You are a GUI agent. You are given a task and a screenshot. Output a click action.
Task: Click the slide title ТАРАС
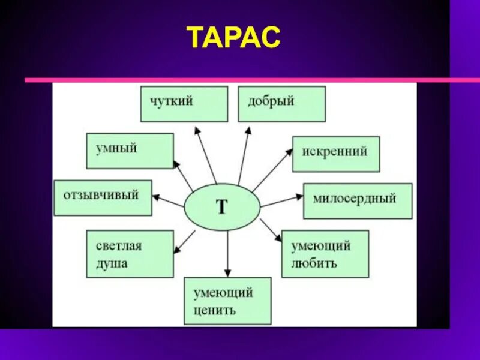coord(234,37)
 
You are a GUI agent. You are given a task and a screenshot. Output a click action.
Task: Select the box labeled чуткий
coord(184,104)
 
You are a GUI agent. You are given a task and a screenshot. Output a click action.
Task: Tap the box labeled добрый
coord(281,104)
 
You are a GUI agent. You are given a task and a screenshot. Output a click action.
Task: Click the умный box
coord(130,151)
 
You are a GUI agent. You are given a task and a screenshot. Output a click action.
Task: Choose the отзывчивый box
coord(103,197)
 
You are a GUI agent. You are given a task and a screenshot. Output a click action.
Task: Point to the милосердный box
coord(358,200)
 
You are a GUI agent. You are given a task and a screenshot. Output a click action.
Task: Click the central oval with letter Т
coord(222,207)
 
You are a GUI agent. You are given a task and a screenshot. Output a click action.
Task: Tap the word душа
coord(112,264)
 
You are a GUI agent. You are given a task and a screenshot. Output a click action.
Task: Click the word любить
coord(314,263)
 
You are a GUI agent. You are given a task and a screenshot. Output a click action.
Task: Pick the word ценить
coord(215,311)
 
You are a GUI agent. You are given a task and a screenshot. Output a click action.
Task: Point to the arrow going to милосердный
coord(282,201)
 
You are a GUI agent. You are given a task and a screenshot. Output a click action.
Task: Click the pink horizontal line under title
coord(240,79)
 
